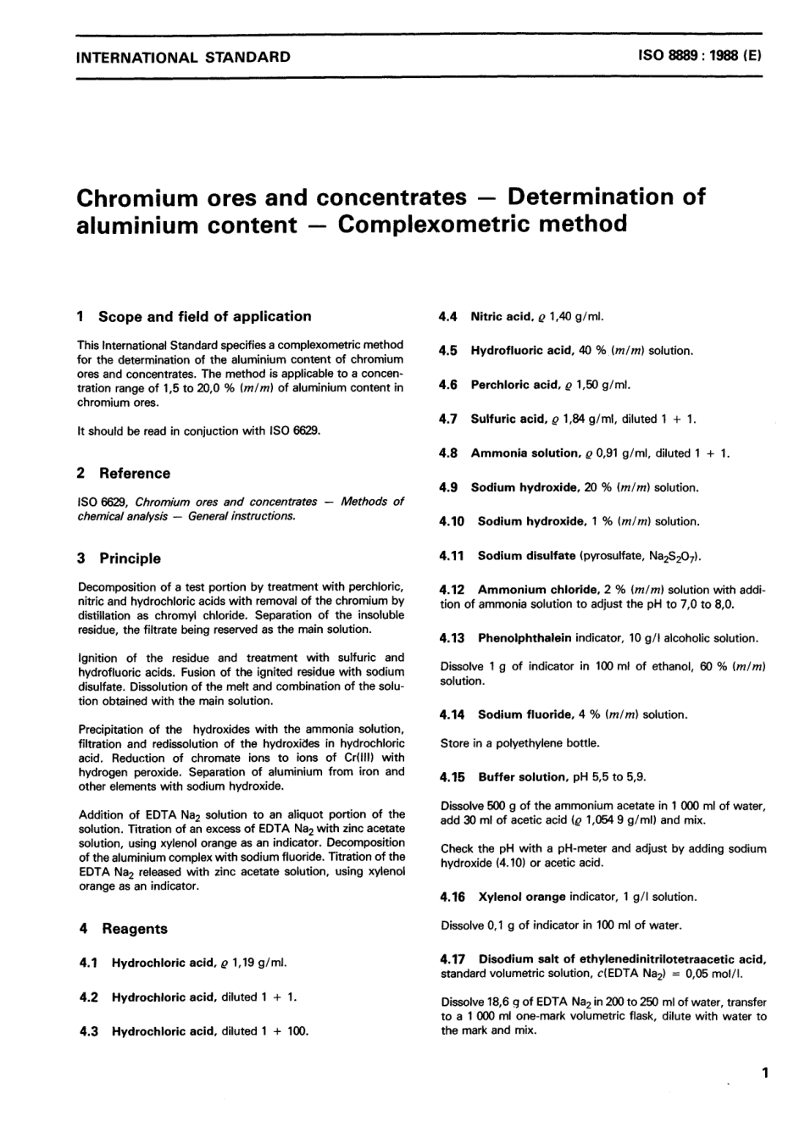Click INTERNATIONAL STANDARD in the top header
point(183,58)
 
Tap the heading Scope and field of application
point(204,316)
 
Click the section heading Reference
point(134,473)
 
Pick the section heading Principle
point(130,558)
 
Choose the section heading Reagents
point(134,928)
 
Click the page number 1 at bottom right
point(764,1074)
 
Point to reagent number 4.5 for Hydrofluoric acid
point(448,350)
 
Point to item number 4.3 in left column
point(88,1030)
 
